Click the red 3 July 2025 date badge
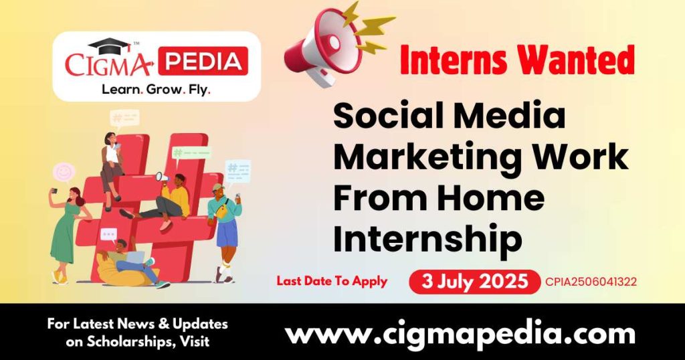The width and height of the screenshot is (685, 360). pyautogui.click(x=474, y=281)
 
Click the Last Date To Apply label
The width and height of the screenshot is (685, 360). pyautogui.click(x=332, y=281)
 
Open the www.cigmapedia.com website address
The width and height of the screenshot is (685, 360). pyautogui.click(x=460, y=333)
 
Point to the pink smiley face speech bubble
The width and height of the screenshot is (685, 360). pyautogui.click(x=64, y=173)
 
